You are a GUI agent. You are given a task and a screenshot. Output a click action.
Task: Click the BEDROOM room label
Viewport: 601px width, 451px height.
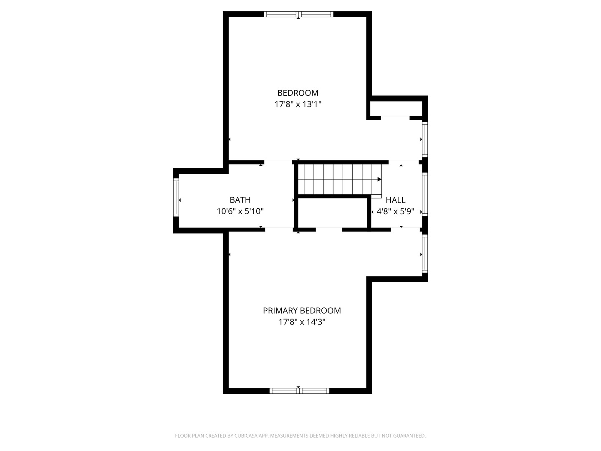pyautogui.click(x=298, y=93)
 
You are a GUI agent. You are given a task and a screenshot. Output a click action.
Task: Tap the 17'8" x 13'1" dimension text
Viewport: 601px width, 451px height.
pyautogui.click(x=298, y=104)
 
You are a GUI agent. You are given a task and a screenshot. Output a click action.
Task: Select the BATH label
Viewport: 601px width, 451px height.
pyautogui.click(x=240, y=200)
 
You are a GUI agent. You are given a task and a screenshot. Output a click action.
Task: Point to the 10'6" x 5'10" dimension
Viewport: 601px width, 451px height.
pyautogui.click(x=240, y=211)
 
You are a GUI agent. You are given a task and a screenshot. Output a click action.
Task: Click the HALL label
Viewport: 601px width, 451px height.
pyautogui.click(x=395, y=200)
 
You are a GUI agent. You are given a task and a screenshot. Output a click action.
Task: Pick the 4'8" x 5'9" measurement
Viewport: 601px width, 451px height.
pyautogui.click(x=395, y=211)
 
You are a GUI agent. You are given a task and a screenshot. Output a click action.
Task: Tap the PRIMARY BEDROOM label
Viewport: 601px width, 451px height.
pyautogui.click(x=302, y=311)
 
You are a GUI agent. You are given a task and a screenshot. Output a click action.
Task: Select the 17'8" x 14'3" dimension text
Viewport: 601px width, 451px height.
pyautogui.click(x=302, y=322)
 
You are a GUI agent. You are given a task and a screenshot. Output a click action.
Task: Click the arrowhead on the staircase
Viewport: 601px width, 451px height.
pyautogui.click(x=379, y=179)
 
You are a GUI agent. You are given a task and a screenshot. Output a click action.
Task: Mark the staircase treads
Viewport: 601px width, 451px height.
pyautogui.click(x=338, y=179)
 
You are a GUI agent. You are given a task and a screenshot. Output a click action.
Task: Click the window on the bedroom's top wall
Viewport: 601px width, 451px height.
pyautogui.click(x=299, y=14)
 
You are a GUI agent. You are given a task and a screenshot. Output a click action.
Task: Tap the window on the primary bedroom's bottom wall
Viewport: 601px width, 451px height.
pyautogui.click(x=299, y=391)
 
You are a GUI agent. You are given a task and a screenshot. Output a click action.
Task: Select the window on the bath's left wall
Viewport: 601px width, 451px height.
pyautogui.click(x=176, y=197)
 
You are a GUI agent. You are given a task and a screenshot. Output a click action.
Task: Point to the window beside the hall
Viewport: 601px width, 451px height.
pyautogui.click(x=425, y=194)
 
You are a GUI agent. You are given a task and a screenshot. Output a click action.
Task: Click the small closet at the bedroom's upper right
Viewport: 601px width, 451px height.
pyautogui.click(x=396, y=108)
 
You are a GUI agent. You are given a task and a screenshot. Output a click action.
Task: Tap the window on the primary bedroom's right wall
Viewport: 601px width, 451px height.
pyautogui.click(x=425, y=254)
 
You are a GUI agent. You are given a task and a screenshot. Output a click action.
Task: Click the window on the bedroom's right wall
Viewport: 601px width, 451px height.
pyautogui.click(x=425, y=139)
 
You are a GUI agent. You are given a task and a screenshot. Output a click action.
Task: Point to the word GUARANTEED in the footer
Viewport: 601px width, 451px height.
pyautogui.click(x=409, y=436)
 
